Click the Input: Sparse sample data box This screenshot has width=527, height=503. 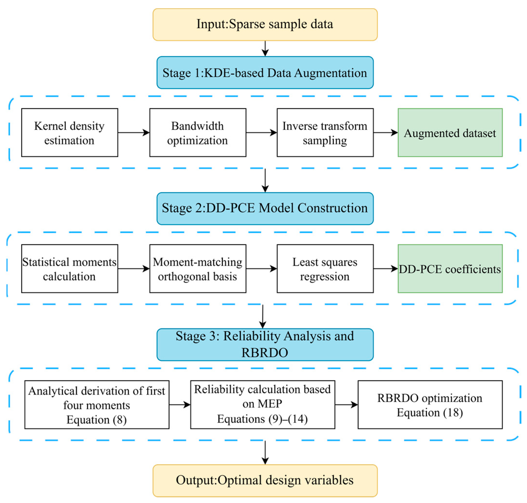(265, 24)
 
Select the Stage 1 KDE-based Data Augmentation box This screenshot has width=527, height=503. (265, 72)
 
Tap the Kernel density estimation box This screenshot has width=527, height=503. (70, 132)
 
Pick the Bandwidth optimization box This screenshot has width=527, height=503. (197, 132)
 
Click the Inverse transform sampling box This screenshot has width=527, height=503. (325, 132)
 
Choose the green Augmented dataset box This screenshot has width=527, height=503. (450, 132)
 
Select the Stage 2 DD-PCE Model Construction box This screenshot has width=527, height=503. (265, 208)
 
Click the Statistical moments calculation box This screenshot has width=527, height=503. (70, 268)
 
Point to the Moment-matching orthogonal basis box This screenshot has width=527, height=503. (197, 268)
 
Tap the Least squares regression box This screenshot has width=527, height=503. (325, 268)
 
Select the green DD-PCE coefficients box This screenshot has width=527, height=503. (450, 268)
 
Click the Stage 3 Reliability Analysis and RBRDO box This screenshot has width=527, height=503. (265, 344)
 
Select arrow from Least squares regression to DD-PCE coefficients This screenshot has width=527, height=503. (385, 268)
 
